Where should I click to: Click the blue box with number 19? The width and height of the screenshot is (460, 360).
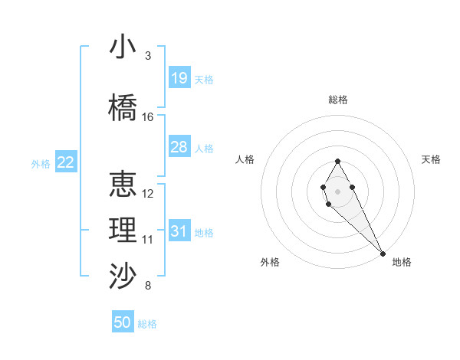point(179,78)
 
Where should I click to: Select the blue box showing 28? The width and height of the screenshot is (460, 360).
point(179,147)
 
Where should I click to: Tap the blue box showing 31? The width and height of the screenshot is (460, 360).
point(179,231)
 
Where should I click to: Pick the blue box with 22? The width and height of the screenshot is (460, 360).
point(65,162)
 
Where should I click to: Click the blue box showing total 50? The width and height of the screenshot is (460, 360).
point(123,322)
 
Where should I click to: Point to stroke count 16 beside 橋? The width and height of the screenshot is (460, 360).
point(148,117)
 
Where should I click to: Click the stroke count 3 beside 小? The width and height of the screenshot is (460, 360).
point(148,56)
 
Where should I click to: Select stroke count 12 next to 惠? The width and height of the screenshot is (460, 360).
point(148,194)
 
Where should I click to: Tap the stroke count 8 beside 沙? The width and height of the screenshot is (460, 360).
point(148,286)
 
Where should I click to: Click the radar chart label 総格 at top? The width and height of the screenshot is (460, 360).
point(338,100)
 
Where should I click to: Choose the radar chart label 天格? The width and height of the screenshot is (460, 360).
point(432,159)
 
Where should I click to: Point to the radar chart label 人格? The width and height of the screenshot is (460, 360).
point(245,159)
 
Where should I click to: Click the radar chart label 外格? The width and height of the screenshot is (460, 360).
point(270,262)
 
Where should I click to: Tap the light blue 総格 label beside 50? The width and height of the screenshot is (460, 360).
point(148,324)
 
